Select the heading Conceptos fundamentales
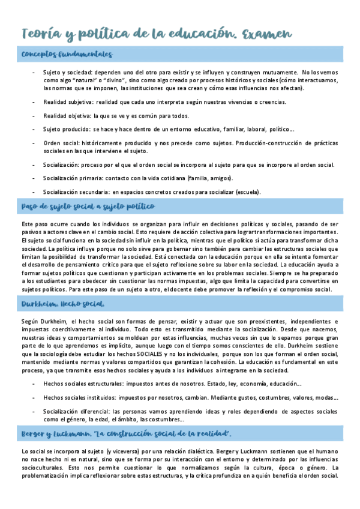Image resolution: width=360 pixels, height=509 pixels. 67,55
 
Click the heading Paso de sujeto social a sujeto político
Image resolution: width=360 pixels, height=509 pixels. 88,206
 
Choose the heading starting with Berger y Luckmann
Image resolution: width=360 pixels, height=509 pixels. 127,433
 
